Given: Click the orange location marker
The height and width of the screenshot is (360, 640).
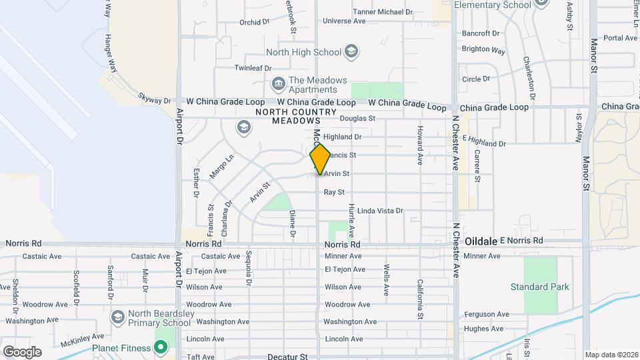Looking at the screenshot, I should pos(321,159).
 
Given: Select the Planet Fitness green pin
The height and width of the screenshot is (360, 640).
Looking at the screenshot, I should pos(161,347).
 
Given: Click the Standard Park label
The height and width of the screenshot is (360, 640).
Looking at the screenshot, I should pos(540,287).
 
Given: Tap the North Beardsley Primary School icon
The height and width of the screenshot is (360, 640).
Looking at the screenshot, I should pos(119,316).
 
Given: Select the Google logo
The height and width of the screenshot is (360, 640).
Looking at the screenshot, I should pos(22,351).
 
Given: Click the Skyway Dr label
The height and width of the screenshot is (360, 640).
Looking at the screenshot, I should pos(155,99).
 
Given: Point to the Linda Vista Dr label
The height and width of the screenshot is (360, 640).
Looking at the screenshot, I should pos(380,211).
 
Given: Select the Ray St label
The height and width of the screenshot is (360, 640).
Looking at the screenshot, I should pos(333,192).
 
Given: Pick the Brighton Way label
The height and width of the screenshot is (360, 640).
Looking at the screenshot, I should pos(483,49).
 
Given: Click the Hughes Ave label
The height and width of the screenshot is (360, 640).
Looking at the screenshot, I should pos(483,328).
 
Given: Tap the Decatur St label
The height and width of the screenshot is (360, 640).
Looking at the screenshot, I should pos(287,357).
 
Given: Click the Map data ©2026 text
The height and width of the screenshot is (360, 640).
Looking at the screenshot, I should pos(611,355).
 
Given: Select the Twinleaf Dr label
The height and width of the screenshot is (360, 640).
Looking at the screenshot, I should pos(253,68).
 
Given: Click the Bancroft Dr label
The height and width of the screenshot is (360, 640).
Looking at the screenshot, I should pos(480,33).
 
